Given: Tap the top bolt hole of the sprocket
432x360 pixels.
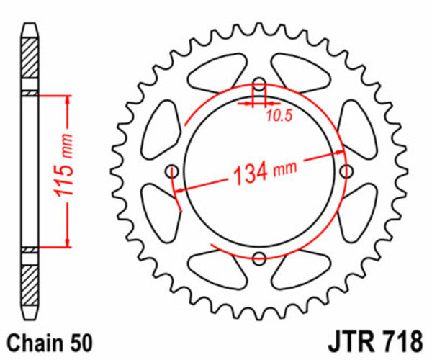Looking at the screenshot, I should pos(259,84).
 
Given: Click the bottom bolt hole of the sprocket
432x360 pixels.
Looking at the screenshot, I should pos(259,258).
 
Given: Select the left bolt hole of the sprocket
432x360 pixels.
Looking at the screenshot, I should pos(172,171).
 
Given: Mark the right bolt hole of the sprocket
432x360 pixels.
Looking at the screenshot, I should pos(346,171).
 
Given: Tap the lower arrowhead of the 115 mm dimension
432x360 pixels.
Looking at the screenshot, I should pos(68,242).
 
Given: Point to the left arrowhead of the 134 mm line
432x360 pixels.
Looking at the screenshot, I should pos(180,189).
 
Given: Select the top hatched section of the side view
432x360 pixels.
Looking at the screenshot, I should pos(29,65).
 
